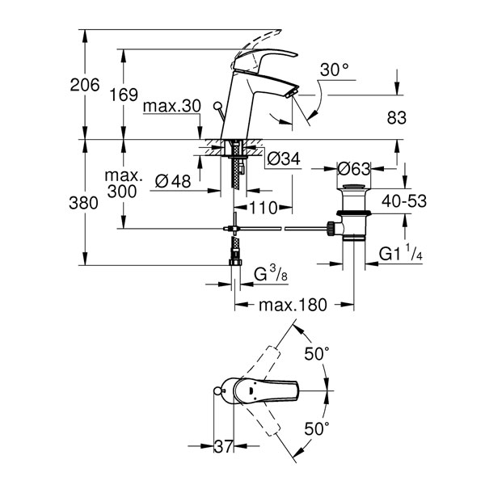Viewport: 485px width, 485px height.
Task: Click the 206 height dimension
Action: pyautogui.click(x=85, y=85)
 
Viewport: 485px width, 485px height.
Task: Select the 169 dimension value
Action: pyautogui.click(x=124, y=95)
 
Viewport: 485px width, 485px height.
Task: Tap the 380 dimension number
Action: pyautogui.click(x=83, y=203)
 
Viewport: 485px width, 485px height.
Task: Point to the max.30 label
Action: pyautogui.click(x=172, y=106)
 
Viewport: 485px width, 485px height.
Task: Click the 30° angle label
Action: pyautogui.click(x=334, y=70)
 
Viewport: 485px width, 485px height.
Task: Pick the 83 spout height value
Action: pyautogui.click(x=397, y=118)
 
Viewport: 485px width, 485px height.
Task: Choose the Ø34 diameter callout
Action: pyautogui.click(x=284, y=159)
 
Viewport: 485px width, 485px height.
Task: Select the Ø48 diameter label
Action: pyautogui.click(x=173, y=180)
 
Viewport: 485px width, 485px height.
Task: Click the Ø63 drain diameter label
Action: pyautogui.click(x=353, y=169)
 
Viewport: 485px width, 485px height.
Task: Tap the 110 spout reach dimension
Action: pyautogui.click(x=263, y=208)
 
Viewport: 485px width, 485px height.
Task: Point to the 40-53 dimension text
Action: pyautogui.click(x=404, y=201)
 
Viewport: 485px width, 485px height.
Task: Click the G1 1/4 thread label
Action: pyautogui.click(x=401, y=253)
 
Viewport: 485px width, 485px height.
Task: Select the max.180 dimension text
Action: pyautogui.click(x=293, y=305)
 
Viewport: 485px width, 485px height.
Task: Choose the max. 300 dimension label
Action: pyautogui.click(x=123, y=183)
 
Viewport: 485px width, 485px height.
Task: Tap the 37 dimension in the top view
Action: pyautogui.click(x=223, y=446)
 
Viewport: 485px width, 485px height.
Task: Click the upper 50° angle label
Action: pyautogui.click(x=317, y=354)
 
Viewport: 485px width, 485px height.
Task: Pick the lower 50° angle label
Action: pyautogui.click(x=317, y=428)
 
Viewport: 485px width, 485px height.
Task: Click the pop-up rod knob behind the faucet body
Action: pyautogui.click(x=217, y=105)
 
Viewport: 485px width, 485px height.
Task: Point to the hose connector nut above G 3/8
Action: pyautogui.click(x=235, y=262)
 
